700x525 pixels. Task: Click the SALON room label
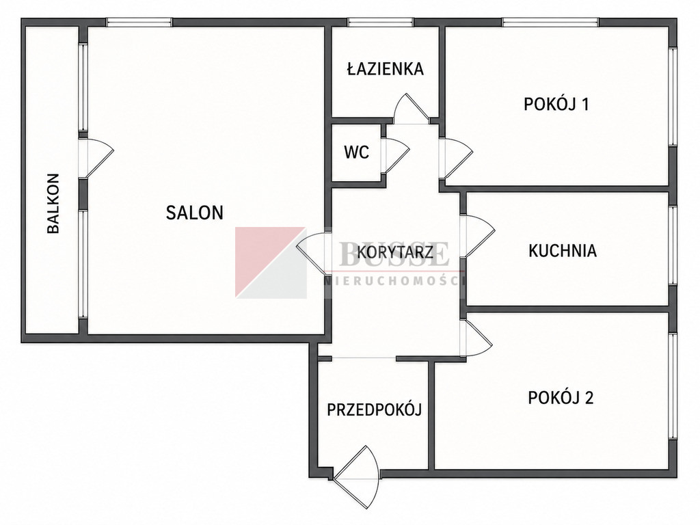[x=195, y=213]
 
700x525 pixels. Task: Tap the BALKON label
[x=53, y=204]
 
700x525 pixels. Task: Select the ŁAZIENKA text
[x=386, y=68]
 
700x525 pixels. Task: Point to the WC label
[x=357, y=152]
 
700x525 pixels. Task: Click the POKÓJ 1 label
[x=556, y=104]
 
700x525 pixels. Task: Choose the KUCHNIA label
[x=563, y=250]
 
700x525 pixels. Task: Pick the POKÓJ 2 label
[x=561, y=397]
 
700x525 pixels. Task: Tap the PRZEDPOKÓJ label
[x=375, y=409]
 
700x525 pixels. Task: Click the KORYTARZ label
[x=395, y=252]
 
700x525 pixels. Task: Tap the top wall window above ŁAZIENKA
[x=380, y=22]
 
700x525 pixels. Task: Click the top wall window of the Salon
[x=139, y=22]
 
